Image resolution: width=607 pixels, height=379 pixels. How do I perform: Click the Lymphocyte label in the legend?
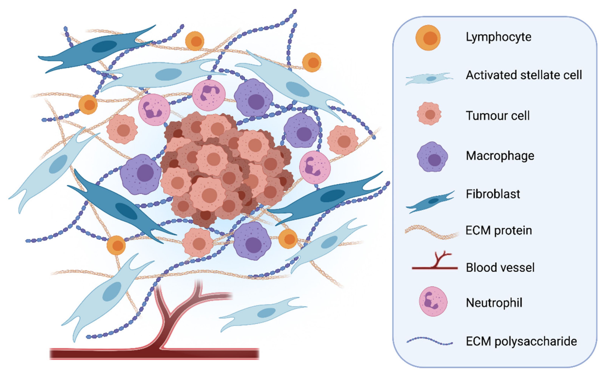498,37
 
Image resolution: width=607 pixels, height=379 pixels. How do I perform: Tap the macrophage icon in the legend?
432,157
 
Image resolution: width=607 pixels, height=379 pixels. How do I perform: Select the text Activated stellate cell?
524,75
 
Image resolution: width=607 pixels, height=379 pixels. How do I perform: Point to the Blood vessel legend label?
500,267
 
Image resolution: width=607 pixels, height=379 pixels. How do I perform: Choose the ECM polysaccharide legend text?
521,341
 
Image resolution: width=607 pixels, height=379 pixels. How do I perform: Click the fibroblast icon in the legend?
430,202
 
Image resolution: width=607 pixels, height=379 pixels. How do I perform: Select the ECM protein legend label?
498,230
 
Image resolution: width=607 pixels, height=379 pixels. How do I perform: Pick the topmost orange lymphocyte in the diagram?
195,41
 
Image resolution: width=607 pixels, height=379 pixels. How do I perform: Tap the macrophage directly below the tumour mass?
252,241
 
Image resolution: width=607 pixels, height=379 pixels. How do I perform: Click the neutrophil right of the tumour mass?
315,167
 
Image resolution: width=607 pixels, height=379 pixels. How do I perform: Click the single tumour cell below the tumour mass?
198,242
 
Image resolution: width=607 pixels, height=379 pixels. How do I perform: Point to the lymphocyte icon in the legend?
428,38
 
